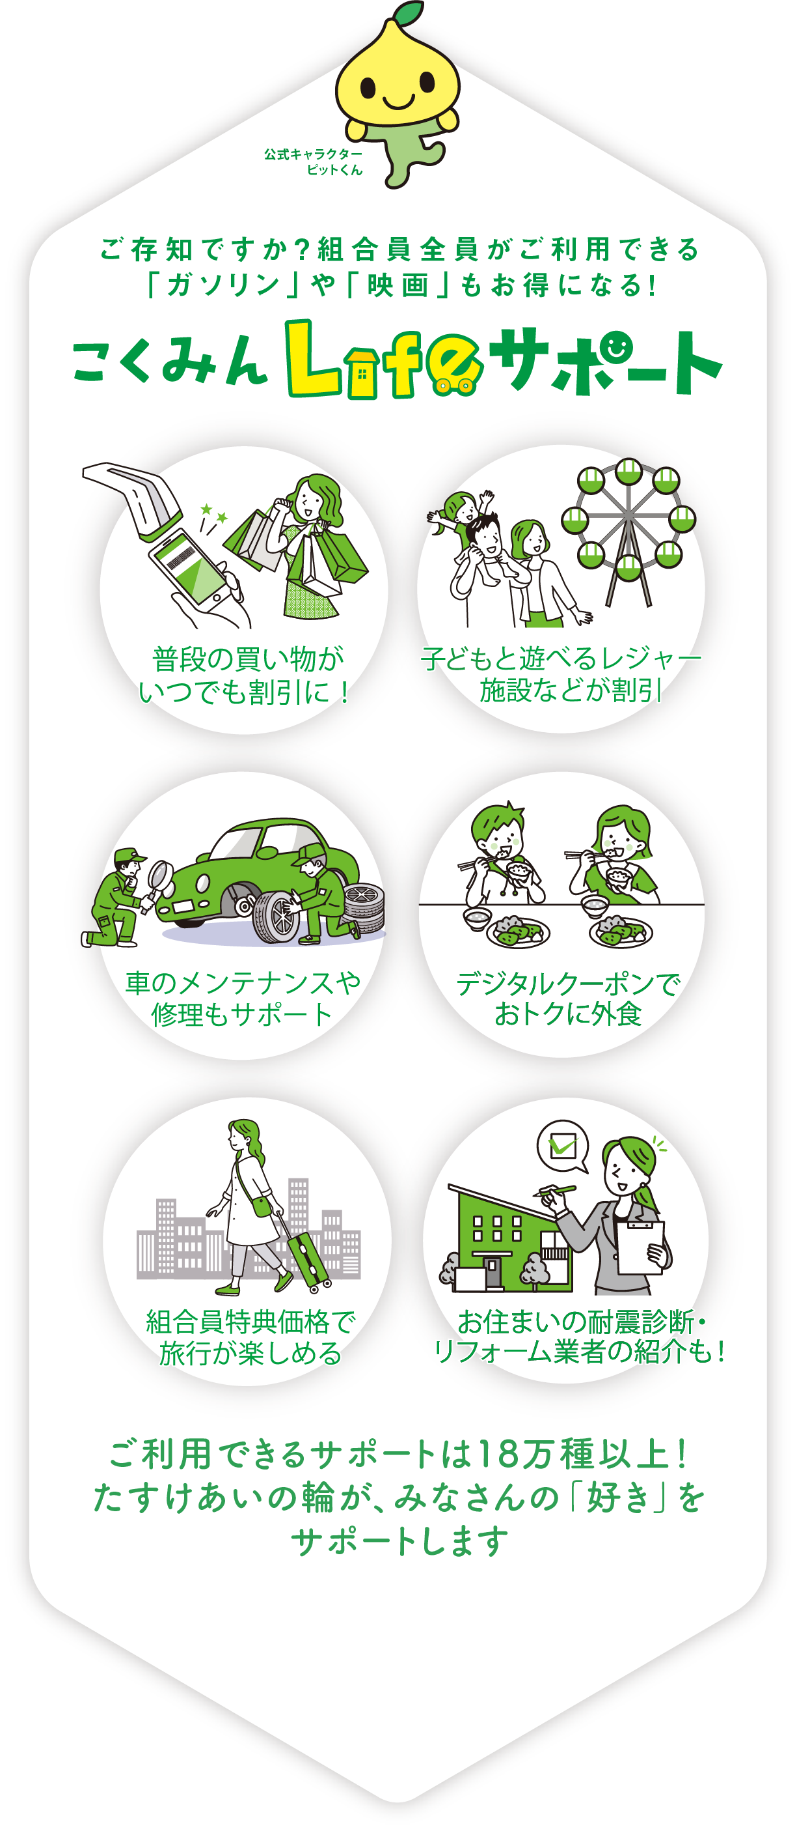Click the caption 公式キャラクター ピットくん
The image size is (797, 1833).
(x=313, y=162)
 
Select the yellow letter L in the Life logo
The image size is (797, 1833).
(x=313, y=357)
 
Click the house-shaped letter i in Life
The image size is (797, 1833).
(x=362, y=374)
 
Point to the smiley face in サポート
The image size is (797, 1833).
(x=616, y=347)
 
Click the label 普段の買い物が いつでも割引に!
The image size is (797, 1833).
(x=243, y=675)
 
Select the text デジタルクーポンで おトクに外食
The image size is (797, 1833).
(x=568, y=999)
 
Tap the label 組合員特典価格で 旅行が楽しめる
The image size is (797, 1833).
(x=250, y=1338)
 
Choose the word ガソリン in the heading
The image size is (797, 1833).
(x=223, y=286)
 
